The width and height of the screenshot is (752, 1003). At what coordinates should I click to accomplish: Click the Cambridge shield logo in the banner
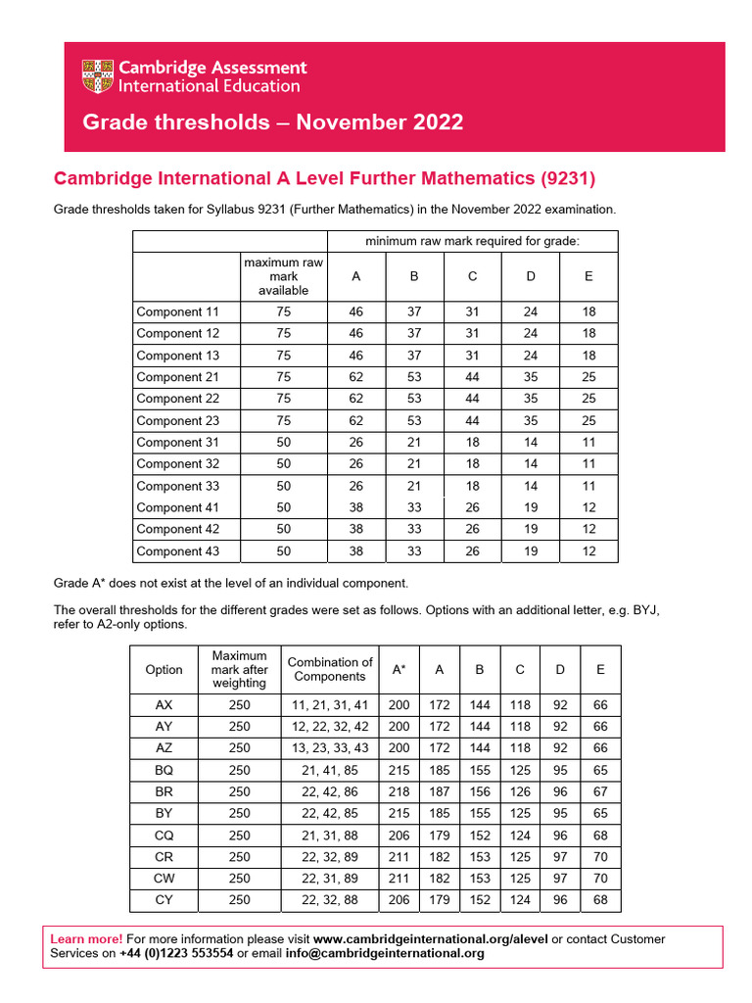coord(98,77)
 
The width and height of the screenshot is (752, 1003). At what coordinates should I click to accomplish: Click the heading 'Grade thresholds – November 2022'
coord(273,122)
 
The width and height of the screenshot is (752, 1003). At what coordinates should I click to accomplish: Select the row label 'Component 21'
coord(177,377)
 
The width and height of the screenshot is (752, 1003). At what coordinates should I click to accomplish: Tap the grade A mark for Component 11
coord(355,312)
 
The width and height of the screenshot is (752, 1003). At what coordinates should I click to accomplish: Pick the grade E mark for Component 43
coord(588,551)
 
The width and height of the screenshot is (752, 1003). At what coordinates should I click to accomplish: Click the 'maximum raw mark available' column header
coord(283,277)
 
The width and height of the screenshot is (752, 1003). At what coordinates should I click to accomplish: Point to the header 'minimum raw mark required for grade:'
coord(471,241)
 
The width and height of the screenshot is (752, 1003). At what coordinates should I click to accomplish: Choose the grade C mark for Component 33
coord(472,486)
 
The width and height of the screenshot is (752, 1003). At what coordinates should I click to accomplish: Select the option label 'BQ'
coord(164,770)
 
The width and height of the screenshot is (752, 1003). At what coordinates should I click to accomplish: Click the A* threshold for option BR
coord(399,791)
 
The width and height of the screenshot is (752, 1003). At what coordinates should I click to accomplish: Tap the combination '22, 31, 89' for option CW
coord(330,878)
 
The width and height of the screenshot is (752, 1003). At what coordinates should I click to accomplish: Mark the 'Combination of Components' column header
coord(330,669)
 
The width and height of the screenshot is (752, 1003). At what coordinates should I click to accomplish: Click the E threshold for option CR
coord(600,856)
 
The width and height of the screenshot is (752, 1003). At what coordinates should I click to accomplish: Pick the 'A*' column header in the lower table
coord(399,670)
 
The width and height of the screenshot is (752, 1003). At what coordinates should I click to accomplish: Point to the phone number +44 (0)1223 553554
coord(176,953)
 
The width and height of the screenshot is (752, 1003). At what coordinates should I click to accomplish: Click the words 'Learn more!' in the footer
coord(87,939)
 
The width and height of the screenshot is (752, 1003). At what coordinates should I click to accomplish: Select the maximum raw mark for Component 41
coord(283,507)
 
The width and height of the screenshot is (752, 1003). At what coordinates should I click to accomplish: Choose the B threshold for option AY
coord(480,727)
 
